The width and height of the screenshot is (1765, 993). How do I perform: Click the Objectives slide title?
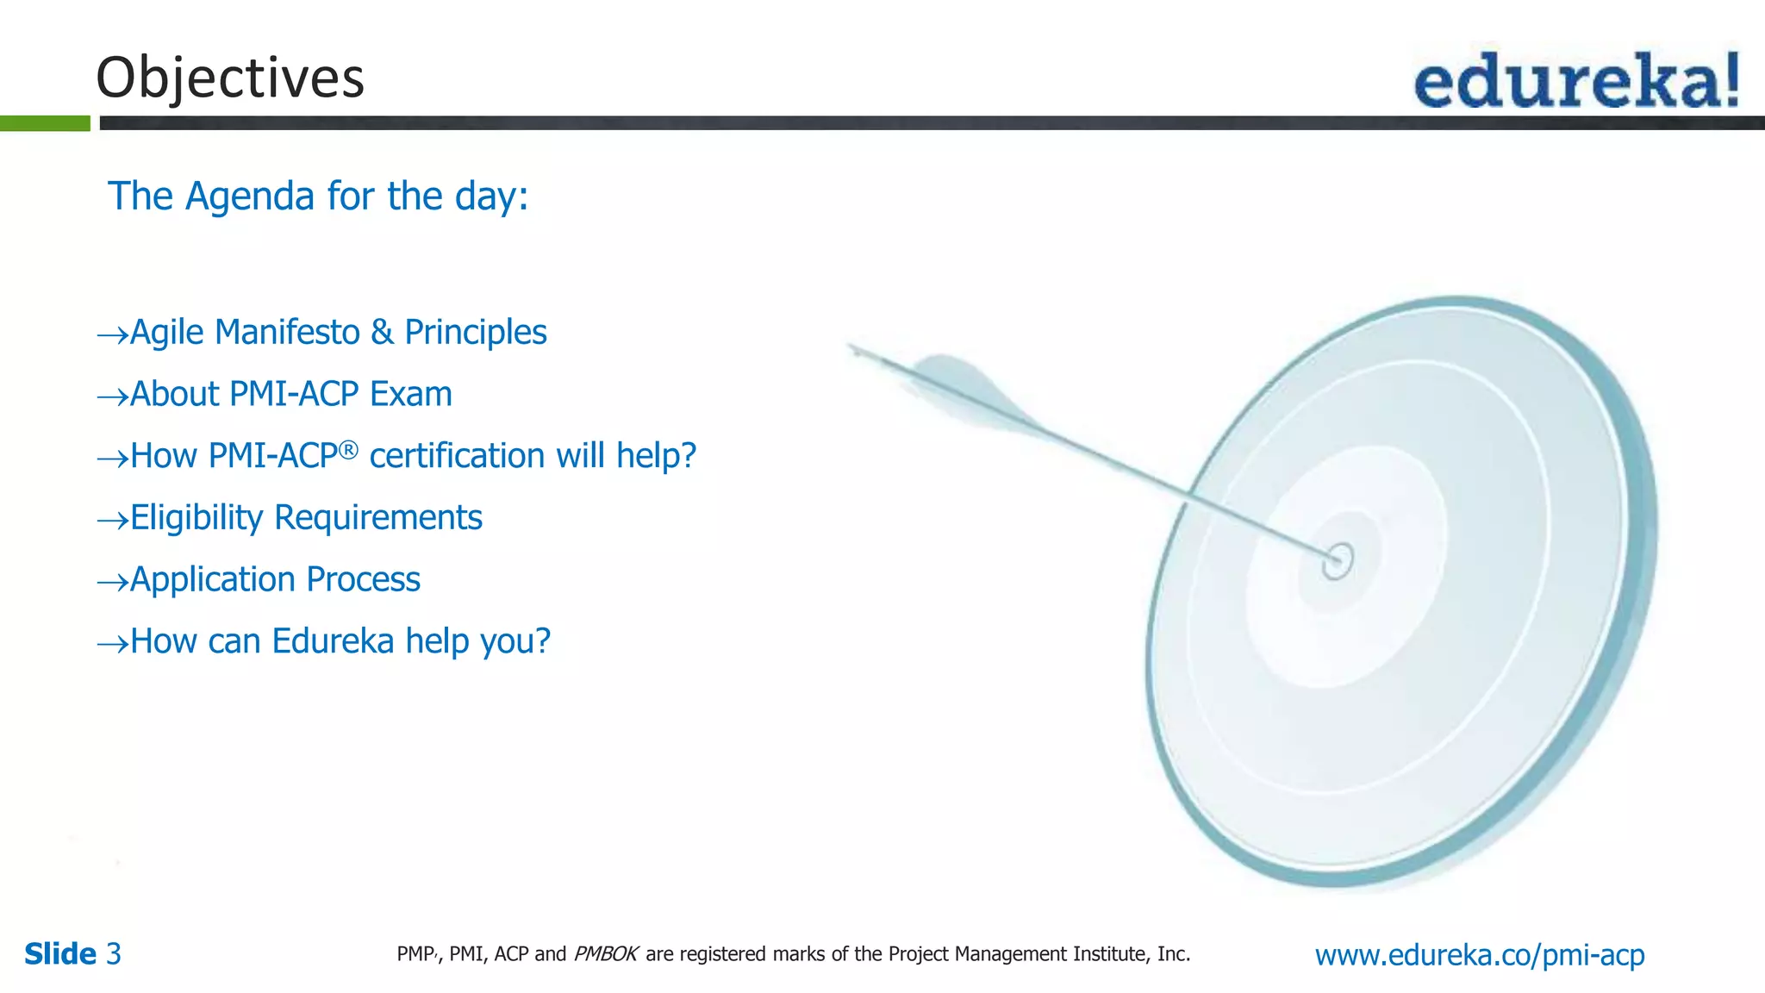click(x=230, y=78)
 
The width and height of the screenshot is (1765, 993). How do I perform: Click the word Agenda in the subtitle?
click(x=249, y=197)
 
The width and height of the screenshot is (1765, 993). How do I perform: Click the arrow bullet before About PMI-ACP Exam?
click(x=112, y=397)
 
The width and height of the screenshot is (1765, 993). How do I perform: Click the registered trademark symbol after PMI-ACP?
click(x=347, y=450)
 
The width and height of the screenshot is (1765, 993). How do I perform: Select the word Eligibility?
click(x=196, y=518)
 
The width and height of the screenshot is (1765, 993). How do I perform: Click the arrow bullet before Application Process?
click(x=112, y=583)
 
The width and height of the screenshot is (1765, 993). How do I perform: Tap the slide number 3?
click(x=114, y=954)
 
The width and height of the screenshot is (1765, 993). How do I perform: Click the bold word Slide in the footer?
click(x=60, y=954)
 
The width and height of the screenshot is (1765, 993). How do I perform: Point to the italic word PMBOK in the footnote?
click(x=605, y=954)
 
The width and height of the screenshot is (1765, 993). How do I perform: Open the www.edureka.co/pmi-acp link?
click(x=1479, y=954)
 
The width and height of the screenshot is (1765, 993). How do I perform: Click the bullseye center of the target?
click(x=1338, y=560)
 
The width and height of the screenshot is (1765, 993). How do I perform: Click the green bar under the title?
click(x=45, y=123)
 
